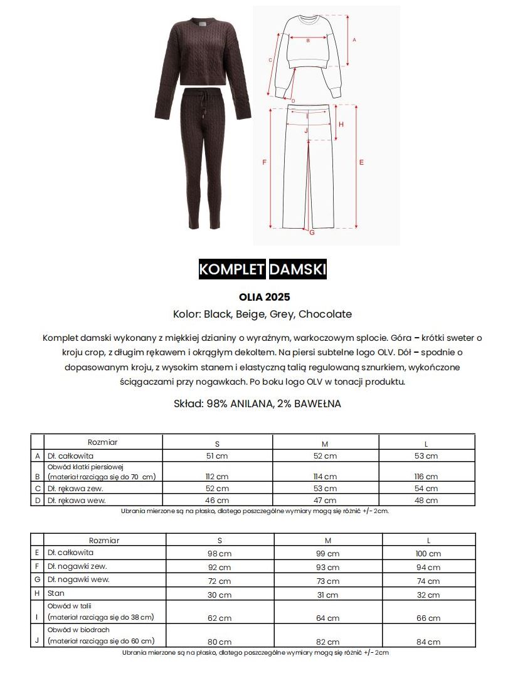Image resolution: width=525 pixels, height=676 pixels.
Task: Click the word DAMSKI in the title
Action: (x=297, y=269)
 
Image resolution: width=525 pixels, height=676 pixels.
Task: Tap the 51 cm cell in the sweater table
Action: (x=217, y=456)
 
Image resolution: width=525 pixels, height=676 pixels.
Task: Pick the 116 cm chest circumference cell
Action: (x=427, y=477)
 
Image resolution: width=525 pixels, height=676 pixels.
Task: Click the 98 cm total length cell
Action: (x=220, y=554)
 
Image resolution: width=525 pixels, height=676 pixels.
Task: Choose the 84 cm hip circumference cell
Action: (x=428, y=642)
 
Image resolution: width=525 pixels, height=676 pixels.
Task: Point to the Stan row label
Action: (x=56, y=593)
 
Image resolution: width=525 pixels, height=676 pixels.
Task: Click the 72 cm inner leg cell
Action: (x=220, y=581)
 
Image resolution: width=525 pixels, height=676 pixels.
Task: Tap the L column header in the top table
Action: (x=426, y=444)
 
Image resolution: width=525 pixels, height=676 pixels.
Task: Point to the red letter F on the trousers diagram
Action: (x=264, y=162)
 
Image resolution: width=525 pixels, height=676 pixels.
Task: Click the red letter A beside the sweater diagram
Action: (x=354, y=39)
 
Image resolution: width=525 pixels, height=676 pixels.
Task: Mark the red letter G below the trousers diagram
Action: (x=312, y=234)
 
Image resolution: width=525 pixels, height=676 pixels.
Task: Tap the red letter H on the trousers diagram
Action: (x=341, y=124)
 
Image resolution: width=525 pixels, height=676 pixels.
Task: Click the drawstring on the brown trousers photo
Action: (x=205, y=107)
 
